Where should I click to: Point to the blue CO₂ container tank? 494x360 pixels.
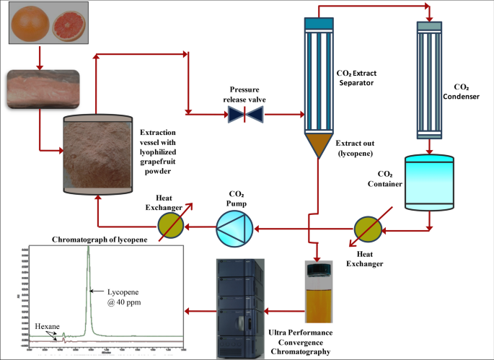pyautogui.click(x=431, y=183)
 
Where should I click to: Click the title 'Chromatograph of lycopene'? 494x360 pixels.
pyautogui.click(x=100, y=240)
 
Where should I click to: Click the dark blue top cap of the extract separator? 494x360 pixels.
pyautogui.click(x=314, y=23)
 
